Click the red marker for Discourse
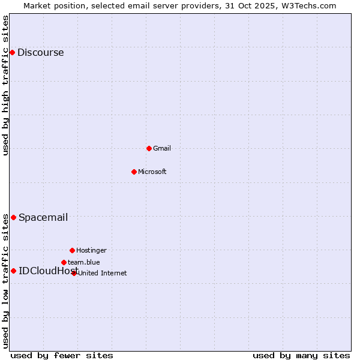tap(12, 52)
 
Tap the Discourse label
tap(40, 52)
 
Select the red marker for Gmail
tap(149, 148)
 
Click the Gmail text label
tap(162, 148)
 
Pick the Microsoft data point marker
tap(134, 172)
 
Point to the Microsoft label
tap(152, 172)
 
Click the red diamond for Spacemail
tap(13, 217)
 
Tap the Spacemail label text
tap(43, 217)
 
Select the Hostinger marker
tap(72, 250)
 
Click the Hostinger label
tap(91, 250)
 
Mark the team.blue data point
tap(64, 262)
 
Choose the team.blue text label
tap(83, 262)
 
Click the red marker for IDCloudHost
tap(13, 271)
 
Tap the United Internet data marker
tap(74, 273)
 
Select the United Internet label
tap(102, 273)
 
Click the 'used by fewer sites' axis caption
tap(62, 355)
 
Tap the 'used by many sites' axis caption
tap(301, 355)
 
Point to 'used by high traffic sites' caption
tap(5, 85)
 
